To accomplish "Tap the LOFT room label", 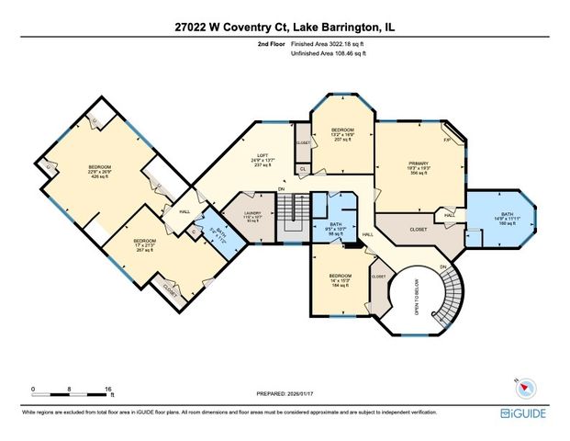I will tap(262, 155).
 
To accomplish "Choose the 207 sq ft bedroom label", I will tap(340, 130).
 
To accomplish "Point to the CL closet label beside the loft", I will tap(303, 169).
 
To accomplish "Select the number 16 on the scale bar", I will tap(109, 388).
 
